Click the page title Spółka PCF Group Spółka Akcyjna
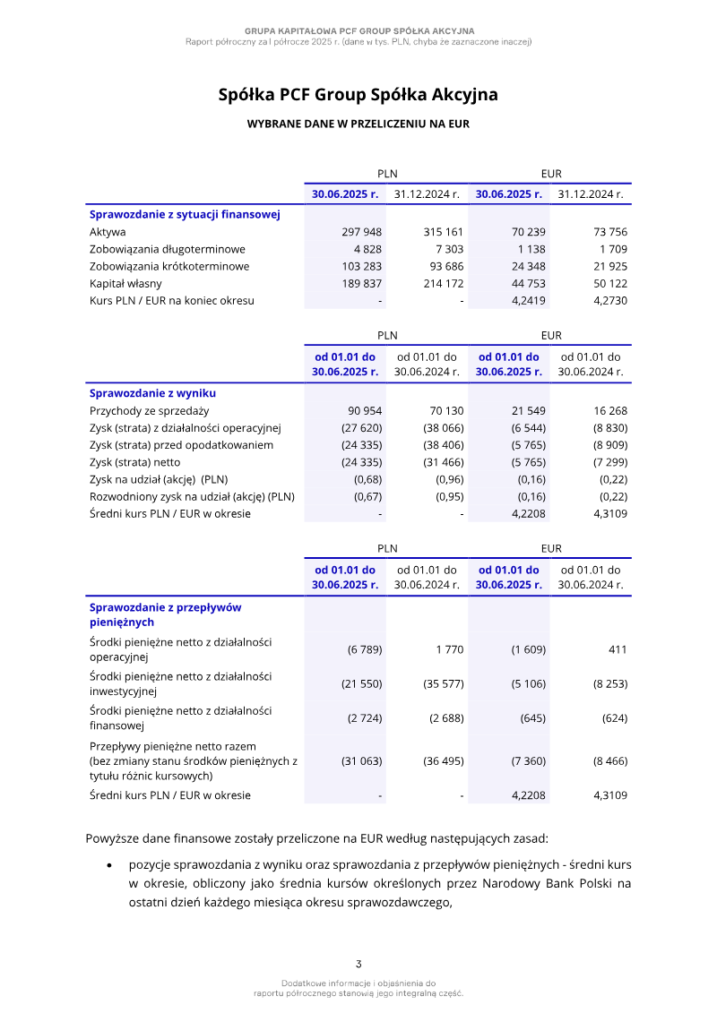tap(358, 95)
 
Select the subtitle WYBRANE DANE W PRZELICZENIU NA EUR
tap(358, 124)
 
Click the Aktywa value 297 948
tap(362, 232)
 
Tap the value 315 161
tap(444, 232)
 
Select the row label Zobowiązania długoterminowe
tap(168, 249)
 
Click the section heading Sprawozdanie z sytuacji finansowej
tap(185, 214)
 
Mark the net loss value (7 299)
tap(610, 462)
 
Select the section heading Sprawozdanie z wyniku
tap(152, 393)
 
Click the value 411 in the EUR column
tap(618, 649)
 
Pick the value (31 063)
tap(362, 761)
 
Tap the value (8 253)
tap(610, 684)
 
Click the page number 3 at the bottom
tap(358, 965)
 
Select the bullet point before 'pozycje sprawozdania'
tap(109, 866)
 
